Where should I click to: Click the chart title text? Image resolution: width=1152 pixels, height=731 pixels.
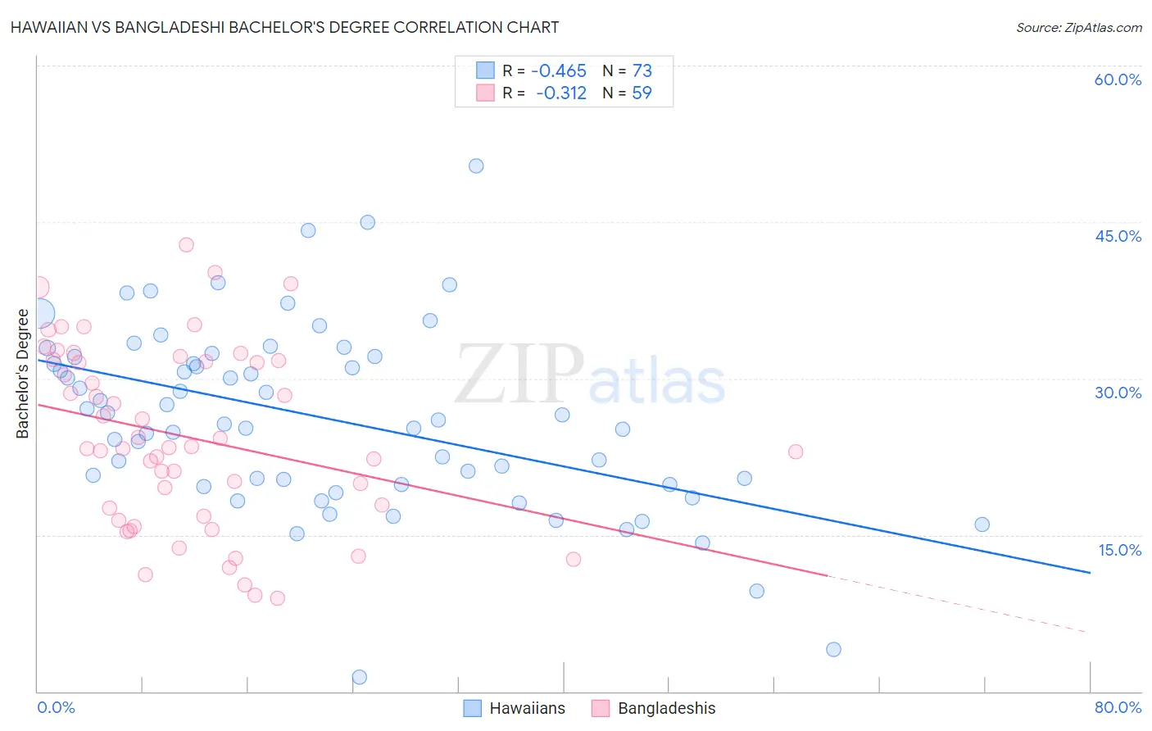(284, 27)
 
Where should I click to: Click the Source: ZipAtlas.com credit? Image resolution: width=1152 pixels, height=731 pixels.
(1078, 27)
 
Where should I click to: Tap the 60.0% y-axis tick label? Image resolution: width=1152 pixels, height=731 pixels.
(1118, 79)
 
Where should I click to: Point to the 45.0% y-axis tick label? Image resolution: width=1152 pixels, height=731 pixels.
(1118, 236)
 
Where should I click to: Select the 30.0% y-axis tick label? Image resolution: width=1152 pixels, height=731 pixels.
(1118, 393)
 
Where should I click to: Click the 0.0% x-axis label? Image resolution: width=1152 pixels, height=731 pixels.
(56, 707)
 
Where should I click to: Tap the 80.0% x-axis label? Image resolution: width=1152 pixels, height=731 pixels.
(1118, 707)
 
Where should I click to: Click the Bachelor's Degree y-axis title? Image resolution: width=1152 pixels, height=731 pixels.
(23, 374)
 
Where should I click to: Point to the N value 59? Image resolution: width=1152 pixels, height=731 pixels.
(642, 93)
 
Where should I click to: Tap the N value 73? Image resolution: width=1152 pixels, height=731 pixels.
(642, 71)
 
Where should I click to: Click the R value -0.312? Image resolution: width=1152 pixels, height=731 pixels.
(561, 93)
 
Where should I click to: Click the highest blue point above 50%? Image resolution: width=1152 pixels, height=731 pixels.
(476, 166)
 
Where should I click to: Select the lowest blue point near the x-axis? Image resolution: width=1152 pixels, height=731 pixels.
(359, 677)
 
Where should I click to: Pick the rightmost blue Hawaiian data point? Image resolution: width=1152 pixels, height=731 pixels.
(982, 524)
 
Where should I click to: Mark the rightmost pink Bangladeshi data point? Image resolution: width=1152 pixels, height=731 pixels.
(795, 452)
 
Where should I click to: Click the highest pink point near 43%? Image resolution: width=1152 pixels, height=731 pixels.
(186, 244)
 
